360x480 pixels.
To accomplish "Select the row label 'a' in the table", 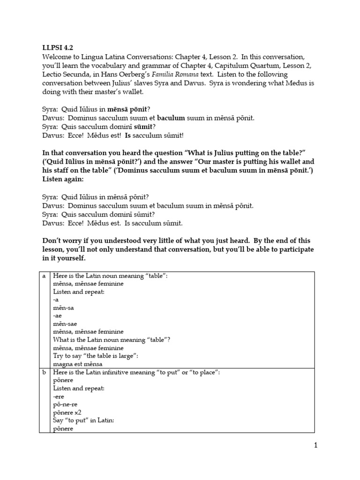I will (x=44, y=276).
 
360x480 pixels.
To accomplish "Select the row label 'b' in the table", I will (x=44, y=372).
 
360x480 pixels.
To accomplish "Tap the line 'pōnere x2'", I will (x=70, y=412).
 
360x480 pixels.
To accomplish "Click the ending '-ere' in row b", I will (x=58, y=396).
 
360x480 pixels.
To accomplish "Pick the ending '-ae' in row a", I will (x=58, y=316).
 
